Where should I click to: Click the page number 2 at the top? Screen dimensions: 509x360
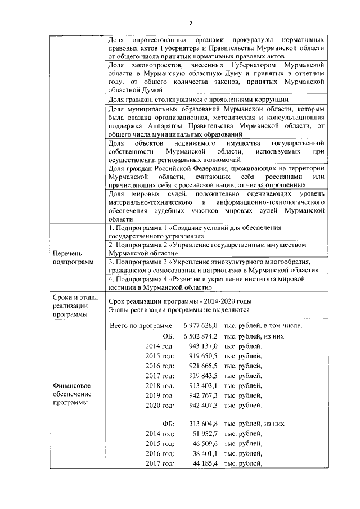coord(191,23)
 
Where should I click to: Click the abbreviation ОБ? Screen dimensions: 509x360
coord(167,336)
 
